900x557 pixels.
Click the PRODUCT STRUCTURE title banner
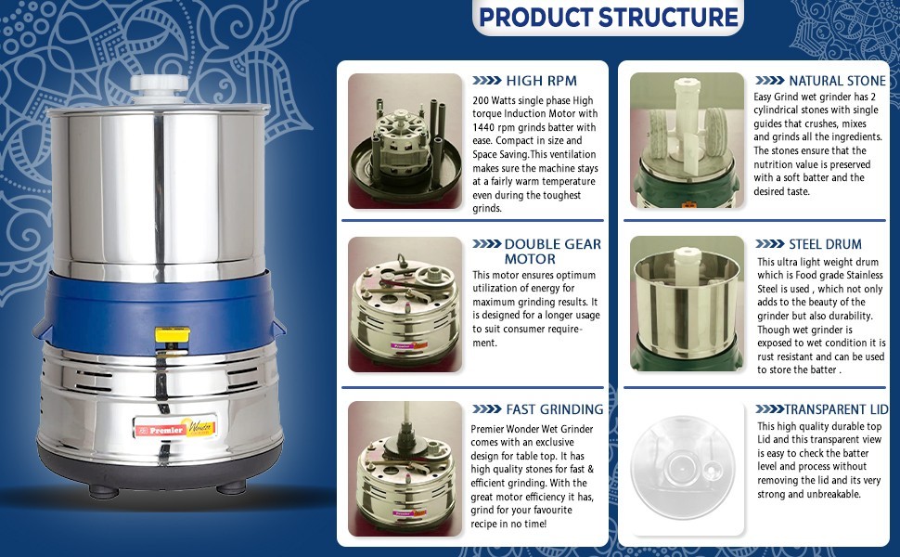coord(609,17)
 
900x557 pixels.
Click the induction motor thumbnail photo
coord(405,141)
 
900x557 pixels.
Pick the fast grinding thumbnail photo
coord(405,469)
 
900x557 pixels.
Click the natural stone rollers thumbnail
coord(687,141)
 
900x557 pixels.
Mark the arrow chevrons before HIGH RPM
coord(487,81)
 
